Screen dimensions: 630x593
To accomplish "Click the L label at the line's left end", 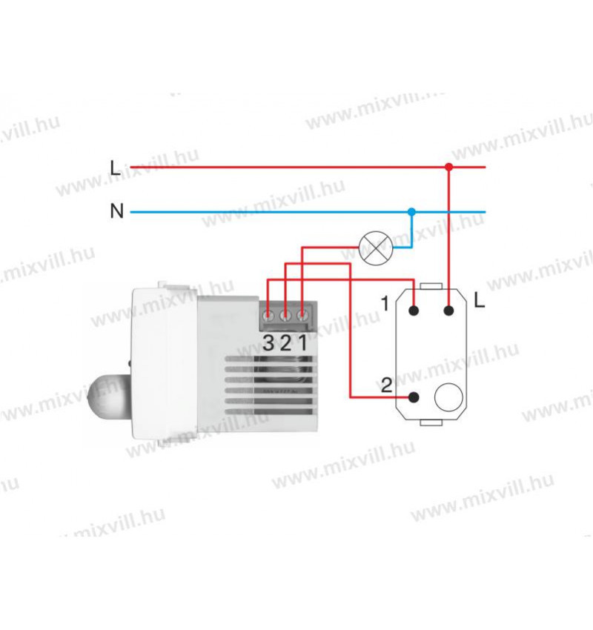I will click(x=115, y=168).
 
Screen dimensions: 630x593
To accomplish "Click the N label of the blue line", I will click(x=116, y=212).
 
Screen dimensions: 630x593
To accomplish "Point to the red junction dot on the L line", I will click(x=448, y=168).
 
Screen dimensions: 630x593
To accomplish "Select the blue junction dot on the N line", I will click(x=412, y=212).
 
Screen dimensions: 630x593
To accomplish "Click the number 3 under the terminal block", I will click(x=268, y=342).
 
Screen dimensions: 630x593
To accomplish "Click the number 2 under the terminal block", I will click(x=285, y=342).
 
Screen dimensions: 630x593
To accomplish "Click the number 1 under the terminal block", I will click(x=303, y=342).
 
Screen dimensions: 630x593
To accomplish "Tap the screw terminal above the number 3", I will click(x=267, y=316).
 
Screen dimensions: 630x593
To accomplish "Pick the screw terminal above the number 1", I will click(x=302, y=316).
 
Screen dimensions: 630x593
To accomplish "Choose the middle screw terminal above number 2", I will click(x=285, y=316).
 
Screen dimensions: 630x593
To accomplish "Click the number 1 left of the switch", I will click(x=384, y=303).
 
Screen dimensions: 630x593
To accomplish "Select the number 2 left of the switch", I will click(x=385, y=385).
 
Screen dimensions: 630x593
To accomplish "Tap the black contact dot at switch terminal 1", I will click(x=414, y=311).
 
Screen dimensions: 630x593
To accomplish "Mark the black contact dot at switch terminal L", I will click(x=448, y=311).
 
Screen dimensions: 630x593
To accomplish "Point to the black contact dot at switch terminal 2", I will click(x=414, y=397).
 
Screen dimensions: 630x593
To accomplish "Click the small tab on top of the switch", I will click(x=431, y=285).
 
